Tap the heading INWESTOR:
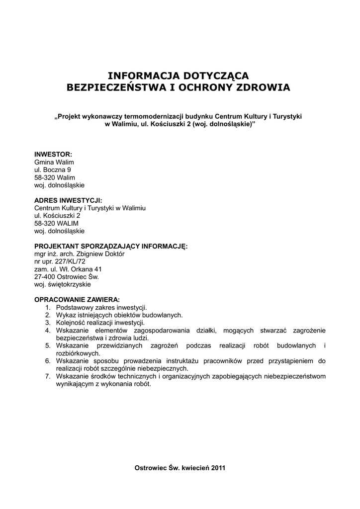tap(53, 154)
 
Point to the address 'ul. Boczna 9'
tap(52, 170)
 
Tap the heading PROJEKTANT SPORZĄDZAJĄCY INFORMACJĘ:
tap(111, 246)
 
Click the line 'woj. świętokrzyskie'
tap(63, 284)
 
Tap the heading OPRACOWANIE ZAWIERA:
tap(77, 300)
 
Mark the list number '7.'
tap(48, 376)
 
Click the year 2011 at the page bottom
tap(218, 468)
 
